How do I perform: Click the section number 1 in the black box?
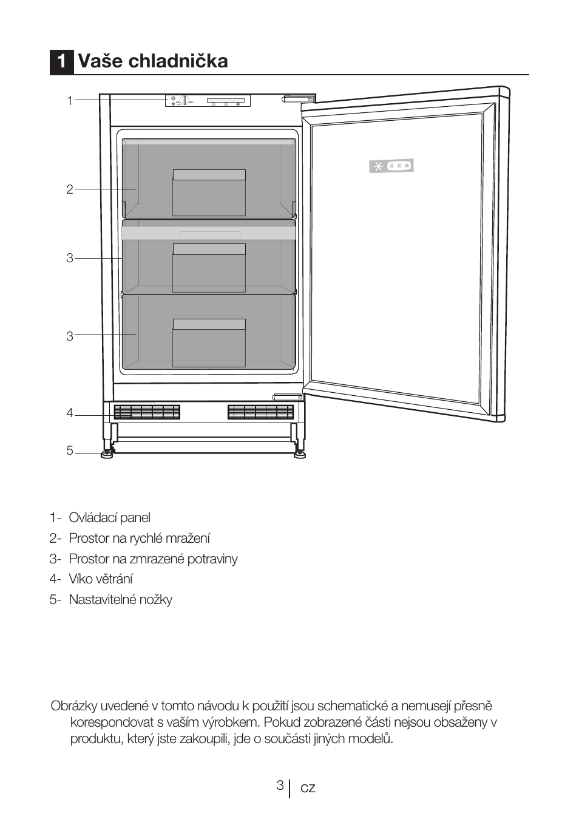61,61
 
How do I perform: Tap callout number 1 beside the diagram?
70,101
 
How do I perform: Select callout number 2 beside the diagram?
70,189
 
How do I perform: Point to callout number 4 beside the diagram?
70,413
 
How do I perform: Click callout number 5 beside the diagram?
70,451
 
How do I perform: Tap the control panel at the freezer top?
208,101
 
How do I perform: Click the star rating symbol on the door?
391,165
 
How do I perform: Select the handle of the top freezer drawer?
209,175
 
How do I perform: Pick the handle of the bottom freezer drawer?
209,324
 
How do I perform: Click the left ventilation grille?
147,412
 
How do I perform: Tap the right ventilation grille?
261,412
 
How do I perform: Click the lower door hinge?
288,396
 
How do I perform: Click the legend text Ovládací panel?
109,518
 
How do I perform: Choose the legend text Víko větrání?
101,579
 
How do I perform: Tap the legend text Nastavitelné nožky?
120,600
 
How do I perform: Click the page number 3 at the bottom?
280,786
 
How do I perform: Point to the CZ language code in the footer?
308,788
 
